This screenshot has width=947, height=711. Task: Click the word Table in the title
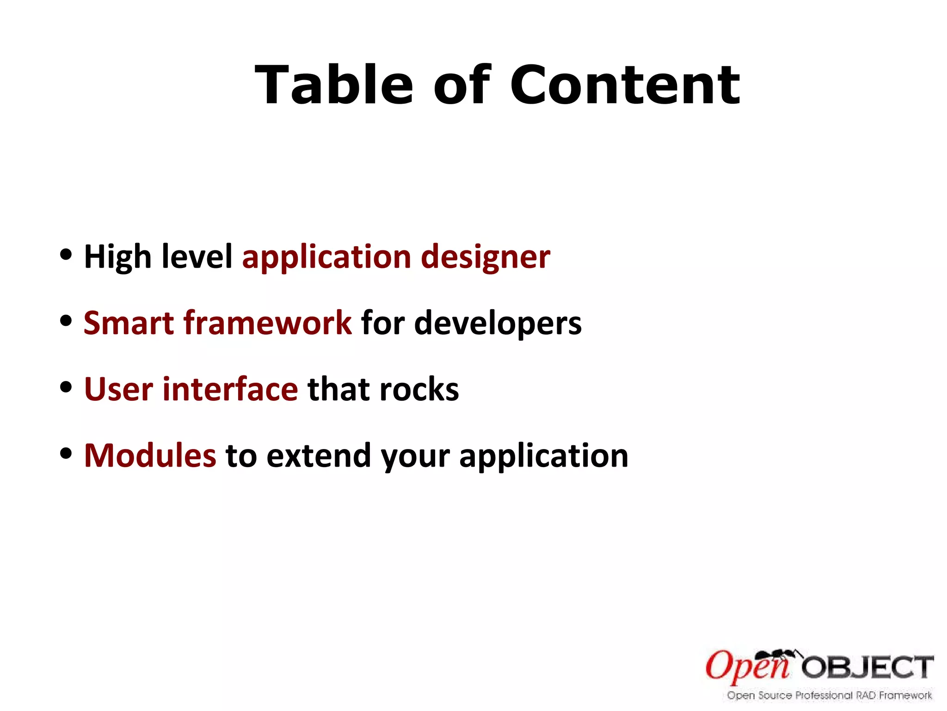[333, 86]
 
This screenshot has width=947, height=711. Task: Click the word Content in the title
[625, 86]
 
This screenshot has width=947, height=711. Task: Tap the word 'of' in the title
[461, 86]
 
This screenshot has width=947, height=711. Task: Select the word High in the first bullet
[117, 257]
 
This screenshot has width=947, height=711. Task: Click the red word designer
[486, 257]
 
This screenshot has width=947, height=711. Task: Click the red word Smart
[129, 323]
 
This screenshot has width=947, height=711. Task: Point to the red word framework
[268, 323]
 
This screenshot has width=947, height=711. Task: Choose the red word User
[118, 389]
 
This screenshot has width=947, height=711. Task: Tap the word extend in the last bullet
[319, 455]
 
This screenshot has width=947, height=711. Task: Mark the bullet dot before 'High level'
[66, 254]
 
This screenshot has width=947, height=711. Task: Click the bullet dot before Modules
[66, 453]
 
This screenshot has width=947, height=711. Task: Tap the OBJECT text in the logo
[867, 667]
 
